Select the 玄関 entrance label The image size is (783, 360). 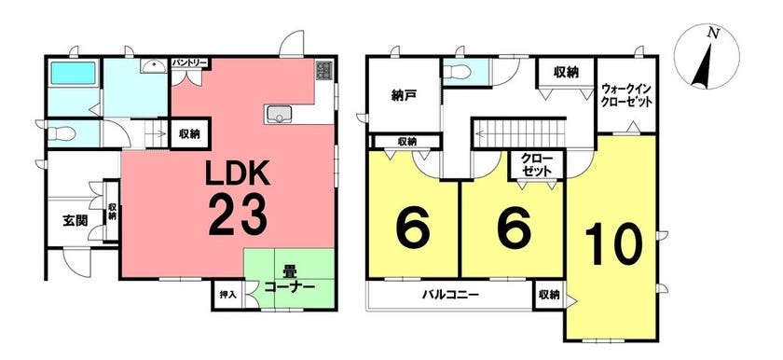[76, 221]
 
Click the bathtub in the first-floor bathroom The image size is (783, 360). [73, 73]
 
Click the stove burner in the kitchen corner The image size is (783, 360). [323, 71]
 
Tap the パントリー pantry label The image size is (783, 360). [189, 62]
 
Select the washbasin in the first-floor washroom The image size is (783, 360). [153, 66]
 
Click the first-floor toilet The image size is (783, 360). [62, 133]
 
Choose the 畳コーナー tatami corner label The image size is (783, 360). [289, 281]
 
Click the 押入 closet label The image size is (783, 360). [227, 295]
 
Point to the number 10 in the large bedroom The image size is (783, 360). [613, 243]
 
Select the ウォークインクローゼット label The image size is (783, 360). [626, 94]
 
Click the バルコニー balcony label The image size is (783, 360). [450, 295]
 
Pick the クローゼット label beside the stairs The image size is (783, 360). [536, 164]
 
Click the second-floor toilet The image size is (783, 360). [457, 72]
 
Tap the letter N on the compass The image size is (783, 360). [714, 34]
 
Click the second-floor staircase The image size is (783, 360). [519, 132]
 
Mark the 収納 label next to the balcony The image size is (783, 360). [549, 295]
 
